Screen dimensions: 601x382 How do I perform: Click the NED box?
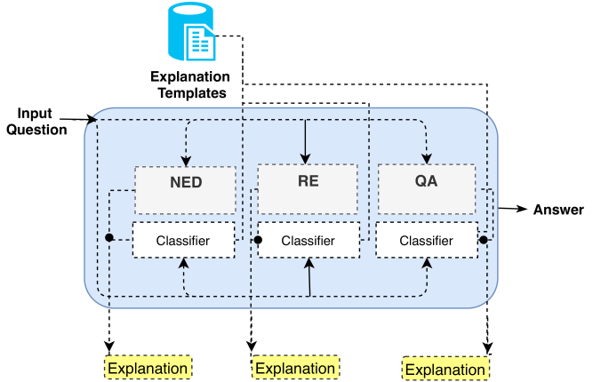point(185,190)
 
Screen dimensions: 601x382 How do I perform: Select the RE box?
point(308,189)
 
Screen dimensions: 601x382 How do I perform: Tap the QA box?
point(427,189)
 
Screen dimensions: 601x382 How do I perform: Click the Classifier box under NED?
point(184,240)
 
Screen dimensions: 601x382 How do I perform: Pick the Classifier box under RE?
point(309,240)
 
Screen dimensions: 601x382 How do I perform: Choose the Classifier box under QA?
point(427,240)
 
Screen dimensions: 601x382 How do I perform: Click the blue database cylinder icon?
point(192,31)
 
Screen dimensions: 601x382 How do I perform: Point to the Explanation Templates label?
point(190,84)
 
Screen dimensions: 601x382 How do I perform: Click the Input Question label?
point(36,122)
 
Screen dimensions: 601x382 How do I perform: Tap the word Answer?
point(558,210)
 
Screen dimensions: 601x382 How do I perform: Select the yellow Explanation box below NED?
point(148,368)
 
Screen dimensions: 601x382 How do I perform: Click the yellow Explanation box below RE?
point(295,368)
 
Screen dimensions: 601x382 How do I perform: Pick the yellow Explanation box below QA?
point(445,369)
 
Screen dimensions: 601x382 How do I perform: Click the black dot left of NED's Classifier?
point(109,237)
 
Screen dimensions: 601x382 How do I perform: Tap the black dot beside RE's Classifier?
point(258,240)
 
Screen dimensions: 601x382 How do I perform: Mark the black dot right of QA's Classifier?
point(484,240)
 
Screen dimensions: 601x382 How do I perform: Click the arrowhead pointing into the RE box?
point(305,159)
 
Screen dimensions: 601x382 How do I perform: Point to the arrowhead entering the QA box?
point(427,159)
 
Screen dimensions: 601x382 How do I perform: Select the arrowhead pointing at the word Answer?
point(523,209)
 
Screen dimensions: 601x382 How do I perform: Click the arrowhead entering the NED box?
point(186,161)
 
